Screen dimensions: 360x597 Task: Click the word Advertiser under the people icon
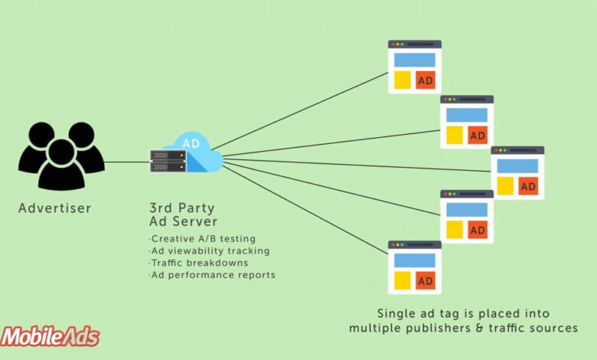(54, 208)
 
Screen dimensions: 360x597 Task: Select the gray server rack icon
(168, 160)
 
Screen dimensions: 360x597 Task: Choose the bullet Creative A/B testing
(203, 239)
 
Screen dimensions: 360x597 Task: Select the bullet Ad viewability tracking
(209, 250)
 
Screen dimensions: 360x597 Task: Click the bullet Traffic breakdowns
(198, 263)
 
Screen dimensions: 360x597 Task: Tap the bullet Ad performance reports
(212, 274)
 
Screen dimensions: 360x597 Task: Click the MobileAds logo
(51, 336)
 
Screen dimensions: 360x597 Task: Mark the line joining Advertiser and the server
(126, 162)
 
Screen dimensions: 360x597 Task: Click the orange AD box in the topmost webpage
(426, 80)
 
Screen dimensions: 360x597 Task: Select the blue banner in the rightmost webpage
(517, 166)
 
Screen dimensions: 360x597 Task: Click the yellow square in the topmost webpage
(402, 80)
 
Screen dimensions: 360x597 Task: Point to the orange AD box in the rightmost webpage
(528, 185)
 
